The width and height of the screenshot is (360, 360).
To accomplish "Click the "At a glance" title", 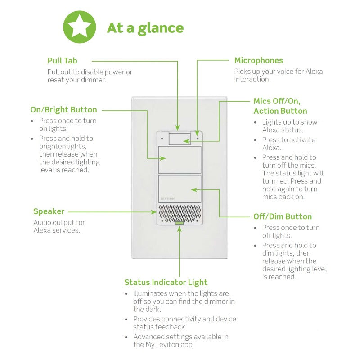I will coord(145,28).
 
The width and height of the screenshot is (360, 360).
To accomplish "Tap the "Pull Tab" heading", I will coord(62,61).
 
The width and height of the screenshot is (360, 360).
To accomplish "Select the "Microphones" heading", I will coord(259,61).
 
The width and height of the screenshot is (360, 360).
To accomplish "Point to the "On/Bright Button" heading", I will coord(63,109).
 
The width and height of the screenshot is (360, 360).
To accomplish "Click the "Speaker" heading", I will coord(49,211).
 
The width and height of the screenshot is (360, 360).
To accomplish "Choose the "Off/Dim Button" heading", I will coord(283,216).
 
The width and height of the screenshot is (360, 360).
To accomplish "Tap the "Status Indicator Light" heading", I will coord(166,282).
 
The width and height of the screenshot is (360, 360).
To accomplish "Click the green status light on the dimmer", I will coord(180,222).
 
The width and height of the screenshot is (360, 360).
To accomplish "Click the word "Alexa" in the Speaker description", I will coord(43,230).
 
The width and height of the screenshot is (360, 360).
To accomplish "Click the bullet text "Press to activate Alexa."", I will coord(289,144).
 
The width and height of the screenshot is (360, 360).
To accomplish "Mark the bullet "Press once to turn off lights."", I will coord(291,231).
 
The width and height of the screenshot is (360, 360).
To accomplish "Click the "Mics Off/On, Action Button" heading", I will coord(280,106).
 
